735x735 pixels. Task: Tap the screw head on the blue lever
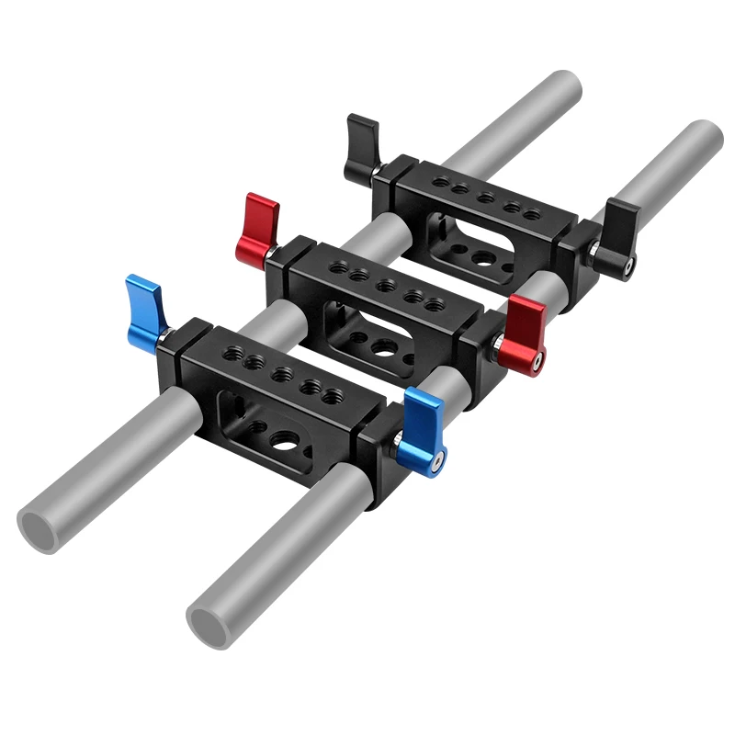(x=440, y=460)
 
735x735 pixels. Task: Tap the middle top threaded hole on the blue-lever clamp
(x=282, y=375)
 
